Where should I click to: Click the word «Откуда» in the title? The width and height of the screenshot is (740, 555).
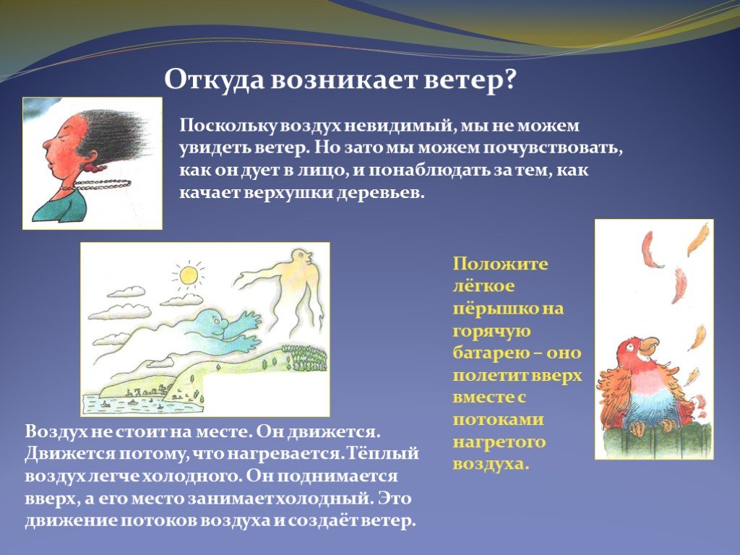tap(215, 80)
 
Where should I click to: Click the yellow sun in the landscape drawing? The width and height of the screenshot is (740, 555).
tap(189, 275)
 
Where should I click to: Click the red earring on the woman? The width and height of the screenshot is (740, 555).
tap(92, 167)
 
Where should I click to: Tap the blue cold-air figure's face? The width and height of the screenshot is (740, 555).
tap(213, 323)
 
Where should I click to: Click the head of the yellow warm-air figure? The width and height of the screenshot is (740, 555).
tap(301, 257)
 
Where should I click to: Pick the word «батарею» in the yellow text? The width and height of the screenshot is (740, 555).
tap(483, 353)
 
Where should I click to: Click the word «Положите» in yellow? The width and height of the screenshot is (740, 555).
tap(500, 263)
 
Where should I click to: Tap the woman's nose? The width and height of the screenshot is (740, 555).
tap(46, 144)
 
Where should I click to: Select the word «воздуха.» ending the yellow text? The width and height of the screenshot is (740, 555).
tap(491, 465)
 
